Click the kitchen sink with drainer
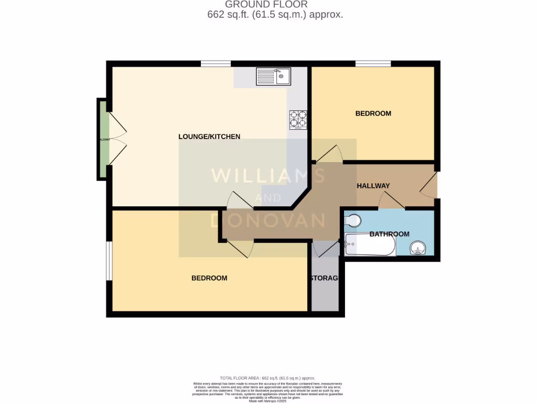point(273,77)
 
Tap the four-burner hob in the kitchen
point(298,120)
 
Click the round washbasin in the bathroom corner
point(418,247)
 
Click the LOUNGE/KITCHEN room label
point(209,136)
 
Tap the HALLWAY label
point(373,186)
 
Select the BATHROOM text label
point(389,234)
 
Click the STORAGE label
point(325,278)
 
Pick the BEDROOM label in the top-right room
point(373,113)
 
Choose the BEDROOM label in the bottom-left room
point(209,278)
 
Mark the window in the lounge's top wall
point(216,64)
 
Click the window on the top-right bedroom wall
point(373,64)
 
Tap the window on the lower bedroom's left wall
point(109,261)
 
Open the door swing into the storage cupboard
point(326,249)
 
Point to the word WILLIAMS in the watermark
point(267,175)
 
